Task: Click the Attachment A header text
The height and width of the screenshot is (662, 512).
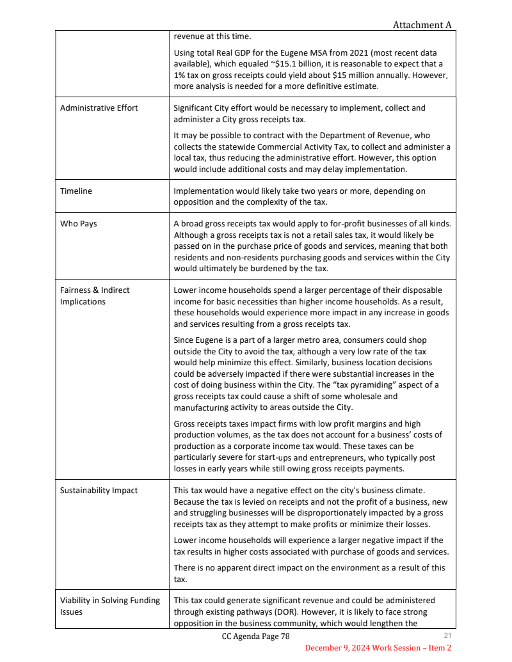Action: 422,25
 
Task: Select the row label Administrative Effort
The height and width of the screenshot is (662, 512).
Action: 99,107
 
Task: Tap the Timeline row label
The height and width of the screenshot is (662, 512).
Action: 76,191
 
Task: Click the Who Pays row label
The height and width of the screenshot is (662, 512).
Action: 79,224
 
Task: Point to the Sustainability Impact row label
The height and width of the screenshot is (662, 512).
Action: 99,491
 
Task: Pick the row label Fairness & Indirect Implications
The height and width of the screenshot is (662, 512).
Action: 95,296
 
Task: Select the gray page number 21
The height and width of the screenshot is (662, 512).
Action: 447,635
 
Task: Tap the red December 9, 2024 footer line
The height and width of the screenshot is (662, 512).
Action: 378,648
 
